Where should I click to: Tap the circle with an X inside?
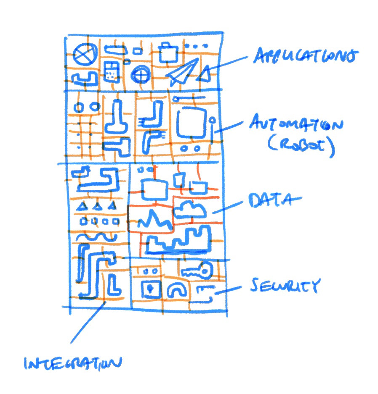[x=85, y=55]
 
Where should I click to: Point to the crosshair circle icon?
[x=140, y=76]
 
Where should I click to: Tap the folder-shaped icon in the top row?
[x=170, y=52]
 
